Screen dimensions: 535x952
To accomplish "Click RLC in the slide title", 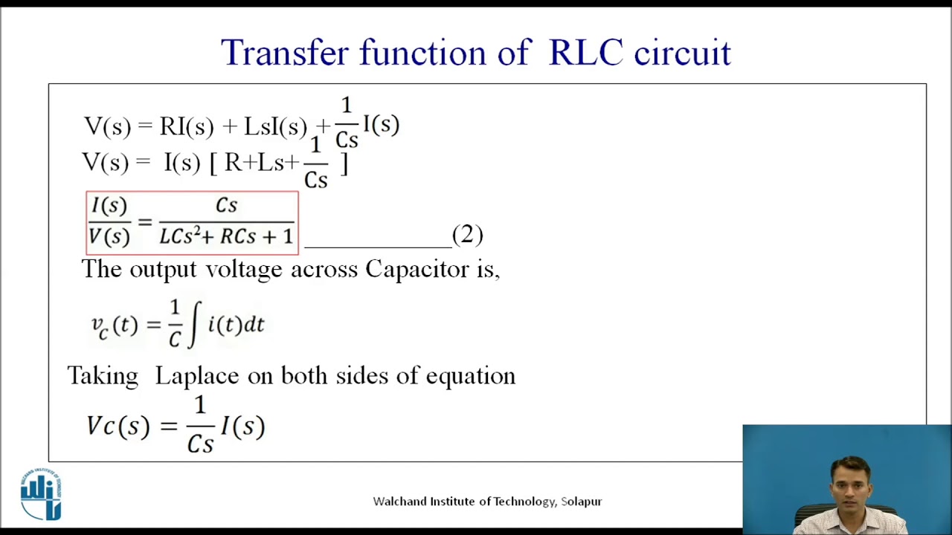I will click(585, 53).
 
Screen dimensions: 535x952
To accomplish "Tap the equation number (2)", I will click(467, 235).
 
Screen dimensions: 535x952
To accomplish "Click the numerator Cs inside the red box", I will click(226, 206).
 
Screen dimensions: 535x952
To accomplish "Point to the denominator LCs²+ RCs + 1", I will click(226, 237).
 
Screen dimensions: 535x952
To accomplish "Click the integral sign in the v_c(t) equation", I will click(194, 325).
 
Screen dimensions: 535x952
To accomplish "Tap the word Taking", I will click(103, 376).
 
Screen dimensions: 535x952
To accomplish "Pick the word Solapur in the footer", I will click(581, 502).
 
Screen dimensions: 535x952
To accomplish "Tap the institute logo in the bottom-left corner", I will click(41, 494).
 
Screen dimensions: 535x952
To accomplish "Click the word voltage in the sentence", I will click(243, 270).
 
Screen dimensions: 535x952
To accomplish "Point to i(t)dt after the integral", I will click(236, 325).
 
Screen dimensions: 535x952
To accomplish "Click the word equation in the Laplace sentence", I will click(470, 376).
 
